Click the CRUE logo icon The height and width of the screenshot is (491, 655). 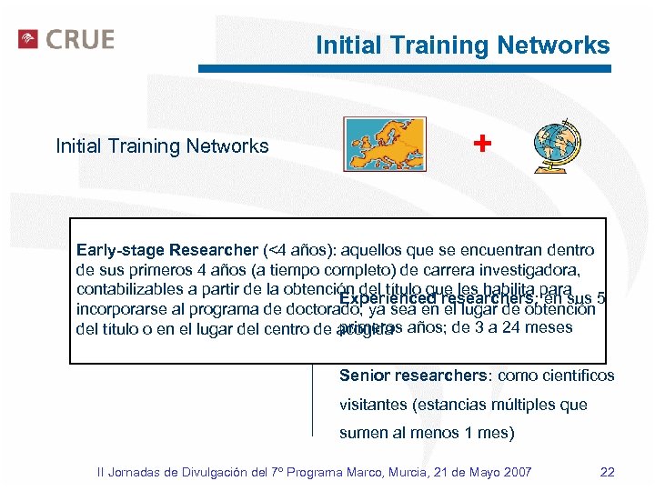[28, 39]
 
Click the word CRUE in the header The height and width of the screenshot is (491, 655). [80, 40]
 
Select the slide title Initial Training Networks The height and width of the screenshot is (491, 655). [462, 45]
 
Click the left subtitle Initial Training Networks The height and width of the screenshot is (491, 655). [162, 145]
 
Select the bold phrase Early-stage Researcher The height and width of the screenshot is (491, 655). [166, 249]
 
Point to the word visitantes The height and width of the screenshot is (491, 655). [372, 405]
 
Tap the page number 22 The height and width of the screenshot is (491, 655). [609, 471]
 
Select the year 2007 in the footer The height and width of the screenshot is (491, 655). [517, 471]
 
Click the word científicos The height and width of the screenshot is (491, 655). [576, 376]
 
